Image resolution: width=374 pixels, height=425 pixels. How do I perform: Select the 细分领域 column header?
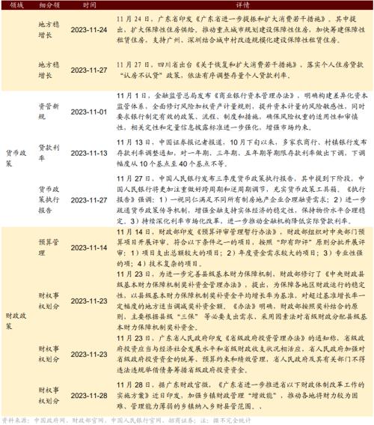(x=49, y=4)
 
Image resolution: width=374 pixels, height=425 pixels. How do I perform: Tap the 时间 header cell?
(x=90, y=4)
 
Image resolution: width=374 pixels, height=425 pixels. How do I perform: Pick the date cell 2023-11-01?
(x=91, y=112)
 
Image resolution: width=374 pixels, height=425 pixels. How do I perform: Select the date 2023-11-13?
(x=91, y=153)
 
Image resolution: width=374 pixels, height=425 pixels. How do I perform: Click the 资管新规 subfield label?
(x=49, y=112)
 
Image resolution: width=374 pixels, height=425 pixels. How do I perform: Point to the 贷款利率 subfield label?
(x=49, y=153)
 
